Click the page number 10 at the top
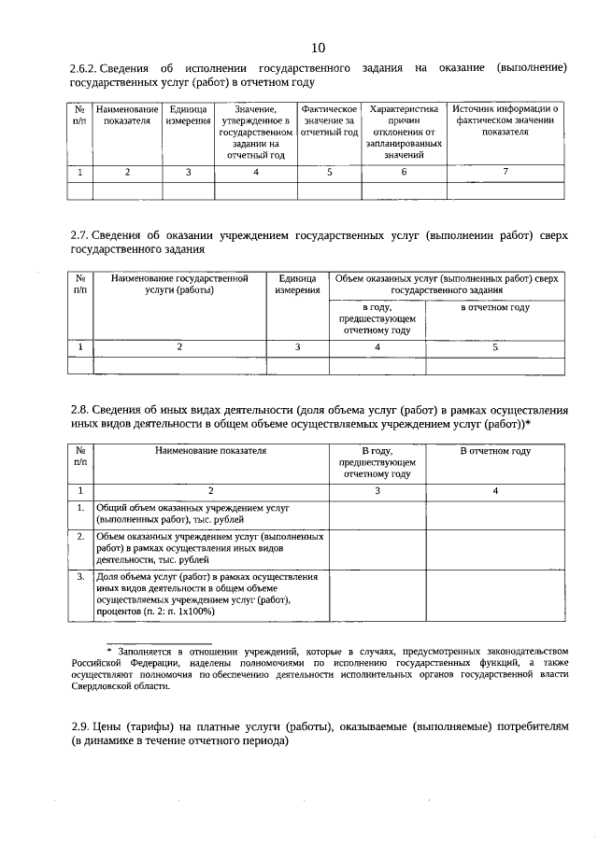coord(318,48)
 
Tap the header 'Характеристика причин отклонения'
coord(404,132)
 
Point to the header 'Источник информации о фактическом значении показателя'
coord(505,120)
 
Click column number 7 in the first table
coord(505,172)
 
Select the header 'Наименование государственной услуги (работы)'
coord(178,284)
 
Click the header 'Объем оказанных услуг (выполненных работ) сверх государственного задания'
coord(446,284)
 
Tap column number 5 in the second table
coord(495,346)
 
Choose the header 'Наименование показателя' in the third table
coord(210,451)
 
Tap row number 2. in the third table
coord(80,537)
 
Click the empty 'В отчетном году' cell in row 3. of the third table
coord(495,594)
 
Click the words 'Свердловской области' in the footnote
coord(121,686)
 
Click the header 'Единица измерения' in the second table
coord(297,284)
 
